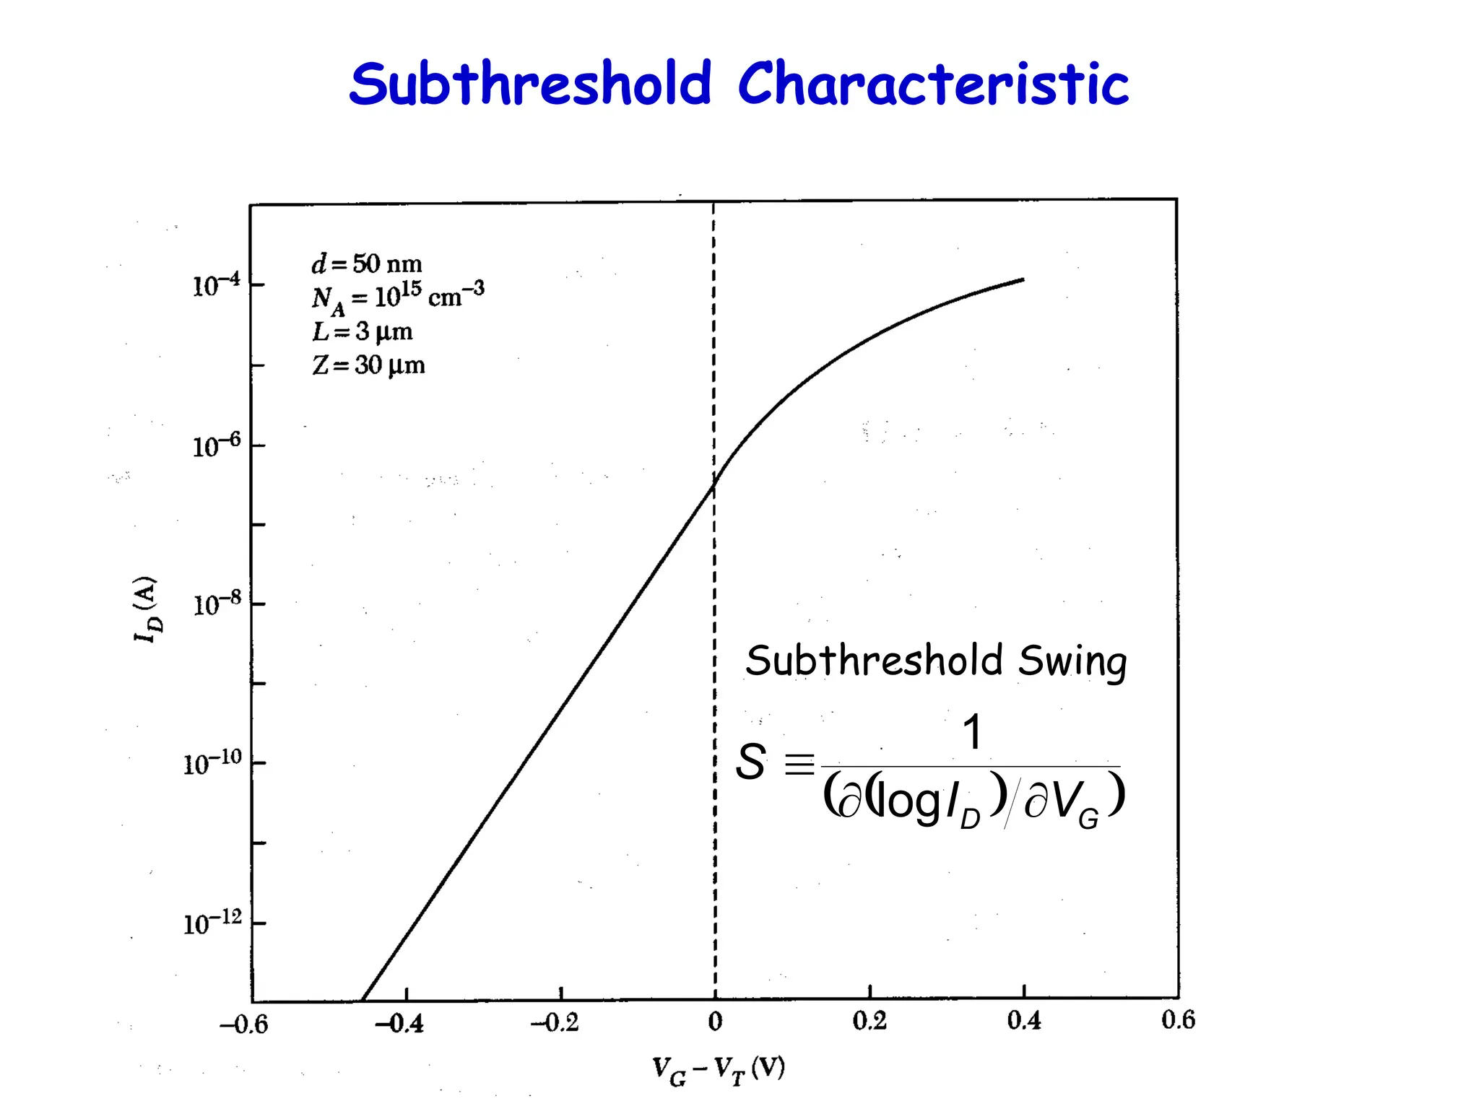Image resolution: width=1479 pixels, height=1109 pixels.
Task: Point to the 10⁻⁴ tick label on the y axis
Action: (x=216, y=286)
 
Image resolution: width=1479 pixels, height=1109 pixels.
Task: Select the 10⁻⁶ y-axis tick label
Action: (x=216, y=446)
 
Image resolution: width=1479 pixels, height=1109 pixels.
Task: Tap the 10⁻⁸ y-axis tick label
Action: (x=216, y=604)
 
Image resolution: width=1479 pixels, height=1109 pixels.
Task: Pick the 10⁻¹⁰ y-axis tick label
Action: (x=212, y=763)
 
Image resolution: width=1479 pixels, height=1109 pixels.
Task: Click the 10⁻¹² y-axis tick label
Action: (x=212, y=923)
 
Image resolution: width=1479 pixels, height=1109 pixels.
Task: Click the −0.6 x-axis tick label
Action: (x=243, y=1024)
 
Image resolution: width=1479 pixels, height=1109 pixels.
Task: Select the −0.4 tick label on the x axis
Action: (x=399, y=1022)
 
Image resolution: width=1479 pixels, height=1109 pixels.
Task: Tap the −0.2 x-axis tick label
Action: (x=555, y=1022)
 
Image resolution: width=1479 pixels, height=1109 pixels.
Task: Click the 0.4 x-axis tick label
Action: (x=1024, y=1020)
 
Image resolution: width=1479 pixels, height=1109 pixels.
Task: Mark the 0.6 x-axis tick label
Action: (x=1179, y=1019)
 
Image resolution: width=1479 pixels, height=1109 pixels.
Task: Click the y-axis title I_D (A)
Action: (x=147, y=609)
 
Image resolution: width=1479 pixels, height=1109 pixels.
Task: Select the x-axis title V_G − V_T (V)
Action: (x=718, y=1070)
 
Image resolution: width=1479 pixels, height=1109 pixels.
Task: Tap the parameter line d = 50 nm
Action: (x=367, y=264)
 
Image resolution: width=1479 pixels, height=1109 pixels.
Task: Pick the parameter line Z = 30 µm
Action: (x=368, y=365)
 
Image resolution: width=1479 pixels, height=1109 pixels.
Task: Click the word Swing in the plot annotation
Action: (x=1072, y=661)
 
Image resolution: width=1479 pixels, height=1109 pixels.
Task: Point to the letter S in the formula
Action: (x=751, y=762)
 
